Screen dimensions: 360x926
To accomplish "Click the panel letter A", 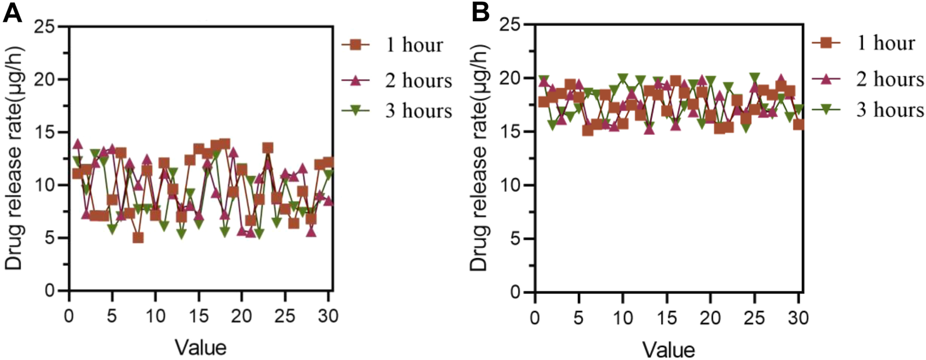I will coord(13,13).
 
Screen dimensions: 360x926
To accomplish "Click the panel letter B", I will coord(480,13).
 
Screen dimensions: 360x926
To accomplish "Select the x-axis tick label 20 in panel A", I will coord(242,316).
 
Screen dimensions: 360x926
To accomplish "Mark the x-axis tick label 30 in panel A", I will coord(328,316).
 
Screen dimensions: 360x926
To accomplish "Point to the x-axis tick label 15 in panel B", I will coord(667,317).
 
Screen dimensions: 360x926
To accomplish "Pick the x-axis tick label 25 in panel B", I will coord(754,317).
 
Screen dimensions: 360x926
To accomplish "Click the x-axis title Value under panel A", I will coord(201,346).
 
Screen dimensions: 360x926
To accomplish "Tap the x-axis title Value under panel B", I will coord(668,348).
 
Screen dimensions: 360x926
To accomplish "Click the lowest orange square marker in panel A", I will coord(138,238).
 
